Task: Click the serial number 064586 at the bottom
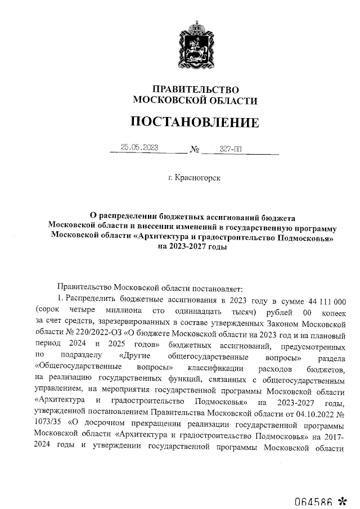[314, 499]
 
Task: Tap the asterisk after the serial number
[343, 499]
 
